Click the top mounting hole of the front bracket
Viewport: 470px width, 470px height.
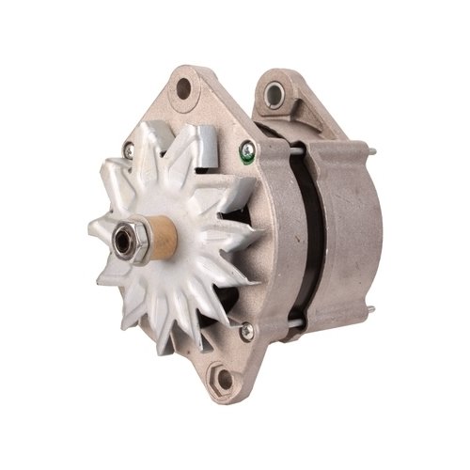coord(184,89)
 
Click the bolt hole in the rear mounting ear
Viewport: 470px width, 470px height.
coord(275,93)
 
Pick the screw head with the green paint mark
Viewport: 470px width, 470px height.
coord(247,148)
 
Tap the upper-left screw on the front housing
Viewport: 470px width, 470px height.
coord(128,148)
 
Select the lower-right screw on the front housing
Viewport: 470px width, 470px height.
coord(246,330)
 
